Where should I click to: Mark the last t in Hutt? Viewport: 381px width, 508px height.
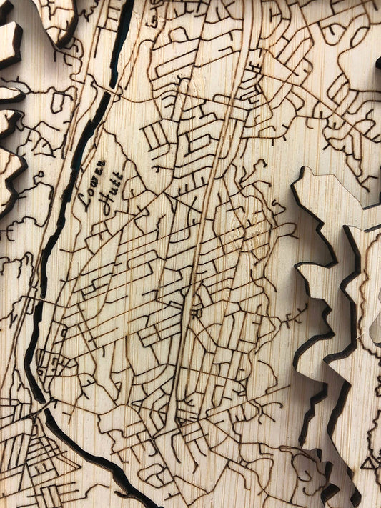119,176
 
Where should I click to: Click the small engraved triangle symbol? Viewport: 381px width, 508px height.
370,463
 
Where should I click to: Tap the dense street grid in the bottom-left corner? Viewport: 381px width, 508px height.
29,457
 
